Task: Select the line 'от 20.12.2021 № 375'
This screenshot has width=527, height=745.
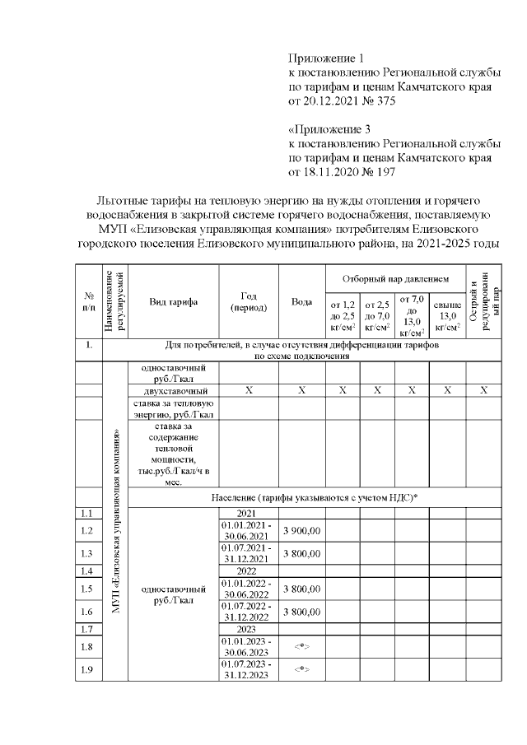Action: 342,102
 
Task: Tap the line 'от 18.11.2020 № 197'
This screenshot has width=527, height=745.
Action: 342,173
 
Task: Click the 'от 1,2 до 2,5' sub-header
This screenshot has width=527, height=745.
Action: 342,315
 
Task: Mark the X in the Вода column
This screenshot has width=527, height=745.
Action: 301,390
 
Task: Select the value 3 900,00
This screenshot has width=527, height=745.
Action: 301,531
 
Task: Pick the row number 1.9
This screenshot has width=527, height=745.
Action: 88,669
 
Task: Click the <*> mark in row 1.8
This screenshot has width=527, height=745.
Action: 301,647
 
